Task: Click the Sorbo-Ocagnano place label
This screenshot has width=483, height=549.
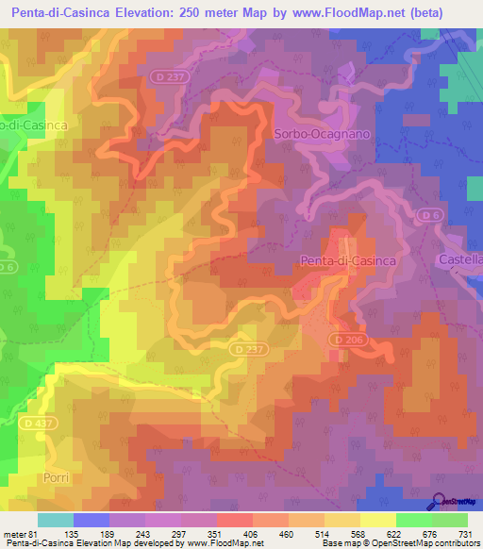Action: pyautogui.click(x=320, y=134)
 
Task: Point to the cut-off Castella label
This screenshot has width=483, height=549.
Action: pyautogui.click(x=461, y=258)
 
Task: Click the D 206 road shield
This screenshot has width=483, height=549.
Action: pyautogui.click(x=346, y=339)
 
